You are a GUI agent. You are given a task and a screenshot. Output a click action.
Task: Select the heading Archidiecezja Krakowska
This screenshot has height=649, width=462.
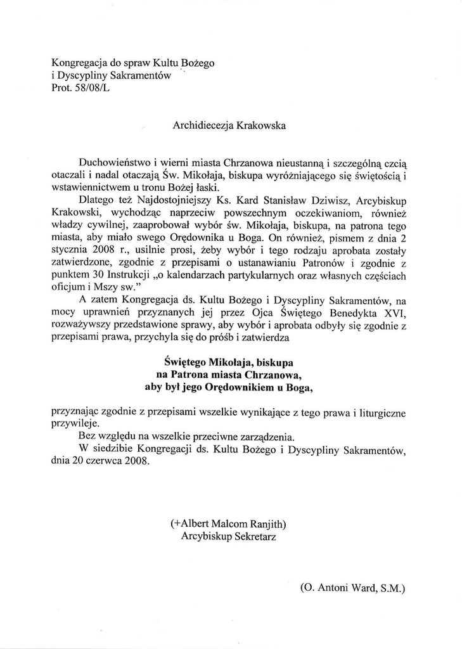pos(229,125)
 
